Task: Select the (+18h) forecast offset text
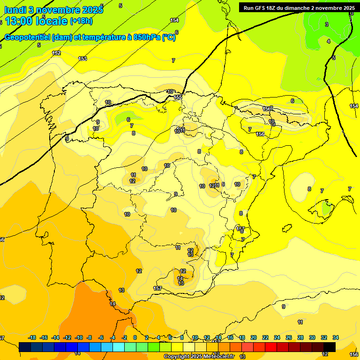click(81, 21)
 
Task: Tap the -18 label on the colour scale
click(32, 337)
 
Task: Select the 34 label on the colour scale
click(336, 337)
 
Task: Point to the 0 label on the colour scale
click(135, 337)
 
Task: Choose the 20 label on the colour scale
click(254, 337)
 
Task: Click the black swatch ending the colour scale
click(330, 347)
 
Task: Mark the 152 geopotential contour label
click(56, 53)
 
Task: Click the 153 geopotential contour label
click(82, 59)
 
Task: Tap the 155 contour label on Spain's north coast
click(178, 97)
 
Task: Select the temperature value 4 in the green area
click(329, 41)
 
